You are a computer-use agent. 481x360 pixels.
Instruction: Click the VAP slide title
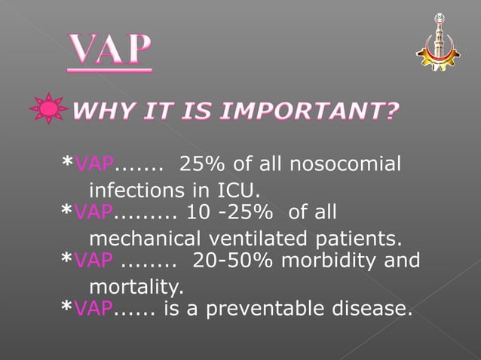coord(110,51)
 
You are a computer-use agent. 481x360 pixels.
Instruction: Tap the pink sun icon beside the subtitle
coord(49,110)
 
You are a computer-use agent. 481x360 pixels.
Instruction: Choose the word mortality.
coord(136,286)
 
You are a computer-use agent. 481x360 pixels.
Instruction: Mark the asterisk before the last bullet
coord(67,308)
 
